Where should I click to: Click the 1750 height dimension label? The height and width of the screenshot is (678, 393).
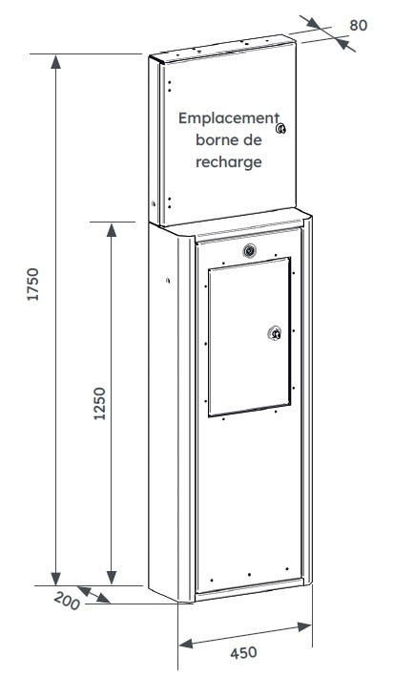[32, 284]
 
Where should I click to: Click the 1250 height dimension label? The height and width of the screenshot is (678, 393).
[100, 403]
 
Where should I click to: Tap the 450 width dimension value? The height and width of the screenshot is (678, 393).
[243, 653]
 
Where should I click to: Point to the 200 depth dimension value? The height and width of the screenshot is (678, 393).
[67, 602]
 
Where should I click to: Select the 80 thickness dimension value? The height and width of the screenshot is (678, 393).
[359, 26]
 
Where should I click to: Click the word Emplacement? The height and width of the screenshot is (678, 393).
[229, 117]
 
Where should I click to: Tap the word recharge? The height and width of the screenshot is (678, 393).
[229, 162]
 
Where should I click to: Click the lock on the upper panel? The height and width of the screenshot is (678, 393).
[281, 128]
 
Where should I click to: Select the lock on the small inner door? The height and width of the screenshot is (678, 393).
[274, 333]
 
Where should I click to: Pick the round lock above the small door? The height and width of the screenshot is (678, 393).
[249, 250]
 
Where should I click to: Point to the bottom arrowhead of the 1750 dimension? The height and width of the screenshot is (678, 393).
[55, 579]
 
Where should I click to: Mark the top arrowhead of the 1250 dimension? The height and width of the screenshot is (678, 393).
[112, 230]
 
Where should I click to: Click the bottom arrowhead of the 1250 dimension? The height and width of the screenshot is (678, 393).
[112, 577]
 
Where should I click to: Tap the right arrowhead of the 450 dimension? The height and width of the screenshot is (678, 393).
[304, 626]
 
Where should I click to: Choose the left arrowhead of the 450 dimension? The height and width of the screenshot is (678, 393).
[187, 644]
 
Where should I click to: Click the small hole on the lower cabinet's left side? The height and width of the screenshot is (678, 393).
[168, 280]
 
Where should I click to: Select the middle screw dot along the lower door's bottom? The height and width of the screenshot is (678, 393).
[249, 574]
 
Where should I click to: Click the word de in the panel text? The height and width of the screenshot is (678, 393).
[254, 139]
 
